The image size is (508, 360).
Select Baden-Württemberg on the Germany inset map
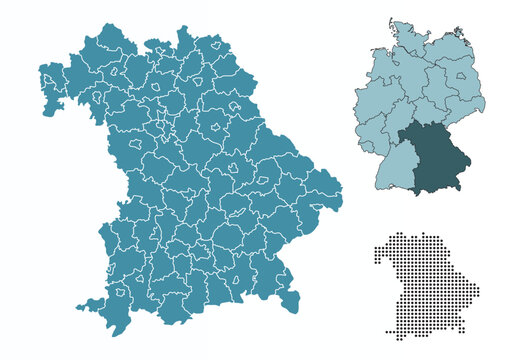click(x=394, y=166)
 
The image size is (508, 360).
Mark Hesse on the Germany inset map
click(x=392, y=118)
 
